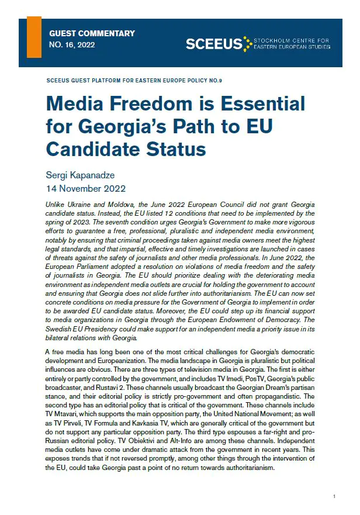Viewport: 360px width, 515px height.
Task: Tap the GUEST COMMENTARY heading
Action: pos(92,33)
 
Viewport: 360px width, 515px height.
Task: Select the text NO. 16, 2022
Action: pos(72,44)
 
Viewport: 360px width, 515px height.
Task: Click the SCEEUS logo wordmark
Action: pos(214,43)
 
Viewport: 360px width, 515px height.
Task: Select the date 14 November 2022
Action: pos(85,189)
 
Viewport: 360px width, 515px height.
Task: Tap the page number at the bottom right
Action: pos(334,496)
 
